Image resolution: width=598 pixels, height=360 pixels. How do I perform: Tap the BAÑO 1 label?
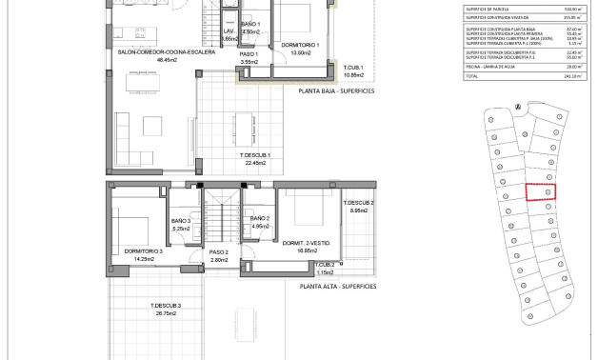pos(250,23)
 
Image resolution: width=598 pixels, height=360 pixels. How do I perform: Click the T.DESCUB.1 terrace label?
pos(255,155)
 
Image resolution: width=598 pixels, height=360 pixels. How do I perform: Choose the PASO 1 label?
pos(250,54)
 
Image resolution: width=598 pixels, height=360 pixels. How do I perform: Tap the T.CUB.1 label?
pos(353,67)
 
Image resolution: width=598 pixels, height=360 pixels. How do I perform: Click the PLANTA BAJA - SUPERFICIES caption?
pos(336,91)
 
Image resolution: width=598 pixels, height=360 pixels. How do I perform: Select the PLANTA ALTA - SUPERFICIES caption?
pos(337,286)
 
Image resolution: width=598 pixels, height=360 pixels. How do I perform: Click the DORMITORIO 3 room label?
pos(144,251)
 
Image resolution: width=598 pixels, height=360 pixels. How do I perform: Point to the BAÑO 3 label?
pos(182,221)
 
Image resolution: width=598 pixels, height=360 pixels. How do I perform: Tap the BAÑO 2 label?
pos(260,219)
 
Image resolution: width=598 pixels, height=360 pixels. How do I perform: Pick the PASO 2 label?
pos(220,251)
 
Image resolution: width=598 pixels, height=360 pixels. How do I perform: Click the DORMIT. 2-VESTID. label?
pos(307,242)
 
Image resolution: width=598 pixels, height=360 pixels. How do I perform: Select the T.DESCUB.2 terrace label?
pos(359,203)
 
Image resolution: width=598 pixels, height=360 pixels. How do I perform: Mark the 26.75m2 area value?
pos(165,312)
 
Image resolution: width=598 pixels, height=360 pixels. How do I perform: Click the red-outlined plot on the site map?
pos(540,191)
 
